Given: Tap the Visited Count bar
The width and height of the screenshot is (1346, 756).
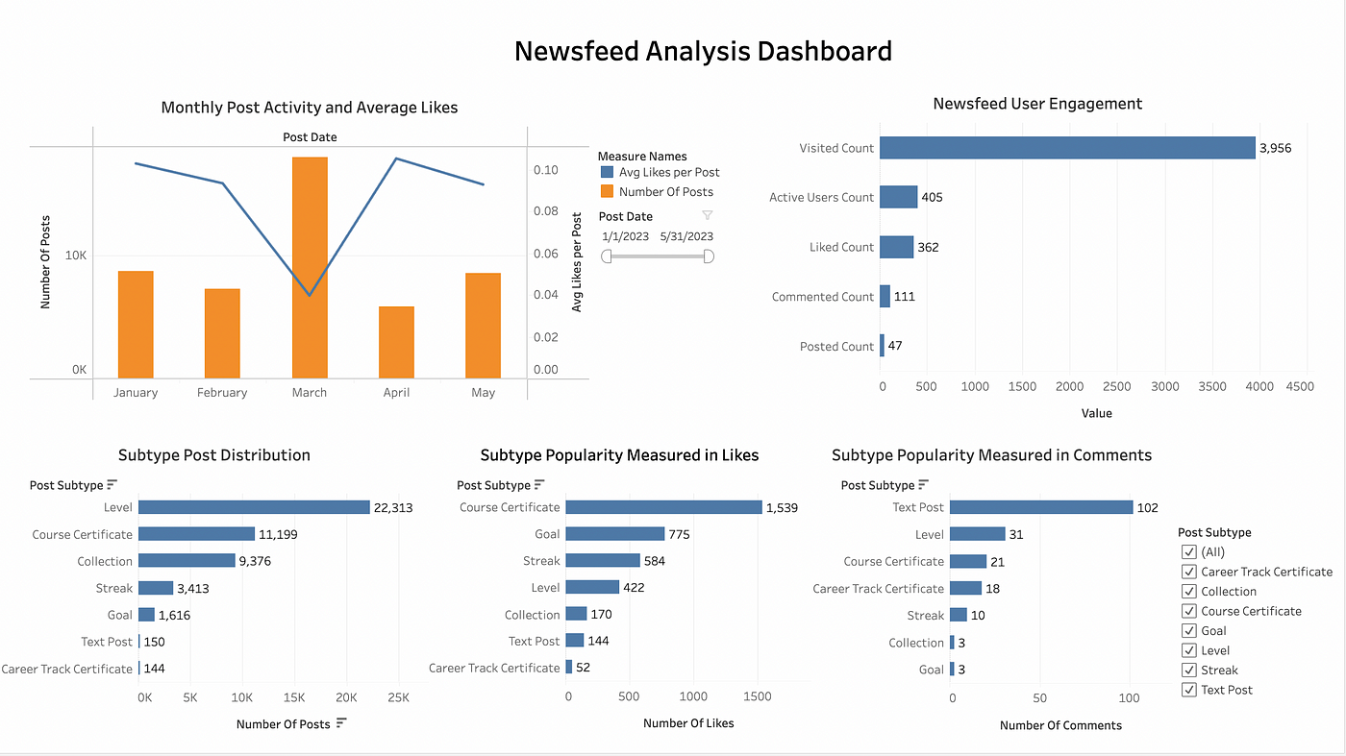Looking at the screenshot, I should click(1067, 148).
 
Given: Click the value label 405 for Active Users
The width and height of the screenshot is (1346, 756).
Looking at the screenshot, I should click(932, 198).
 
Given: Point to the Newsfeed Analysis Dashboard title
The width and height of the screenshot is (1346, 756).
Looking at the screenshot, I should click(703, 51).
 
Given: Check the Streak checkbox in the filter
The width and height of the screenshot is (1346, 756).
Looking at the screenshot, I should click(1188, 671).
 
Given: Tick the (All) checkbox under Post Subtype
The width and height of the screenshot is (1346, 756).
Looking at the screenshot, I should click(1188, 552).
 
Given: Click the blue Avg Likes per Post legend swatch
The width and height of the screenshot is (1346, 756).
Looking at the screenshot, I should click(607, 173).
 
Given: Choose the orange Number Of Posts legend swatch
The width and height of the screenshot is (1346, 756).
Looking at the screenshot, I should click(607, 192).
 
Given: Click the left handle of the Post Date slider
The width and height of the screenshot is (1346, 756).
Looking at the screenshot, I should click(607, 256).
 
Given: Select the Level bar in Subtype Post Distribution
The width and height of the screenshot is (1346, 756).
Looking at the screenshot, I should click(254, 507).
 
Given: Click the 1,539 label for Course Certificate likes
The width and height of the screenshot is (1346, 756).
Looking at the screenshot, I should click(782, 508).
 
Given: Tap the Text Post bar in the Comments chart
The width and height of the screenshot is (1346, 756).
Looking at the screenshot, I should click(1041, 507).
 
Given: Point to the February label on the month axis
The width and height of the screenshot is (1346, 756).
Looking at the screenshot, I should click(222, 393).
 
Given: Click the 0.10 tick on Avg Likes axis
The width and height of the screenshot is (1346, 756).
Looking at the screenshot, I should click(545, 170).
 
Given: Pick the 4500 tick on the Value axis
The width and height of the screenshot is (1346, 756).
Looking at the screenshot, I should click(1299, 387).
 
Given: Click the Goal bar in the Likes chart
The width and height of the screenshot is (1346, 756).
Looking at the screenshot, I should click(615, 534).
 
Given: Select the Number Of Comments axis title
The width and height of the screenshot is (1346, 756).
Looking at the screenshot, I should click(1060, 725).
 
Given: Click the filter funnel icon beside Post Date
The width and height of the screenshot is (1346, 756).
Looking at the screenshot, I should click(708, 216).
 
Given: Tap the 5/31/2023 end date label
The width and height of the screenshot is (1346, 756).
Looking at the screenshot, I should click(686, 236).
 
